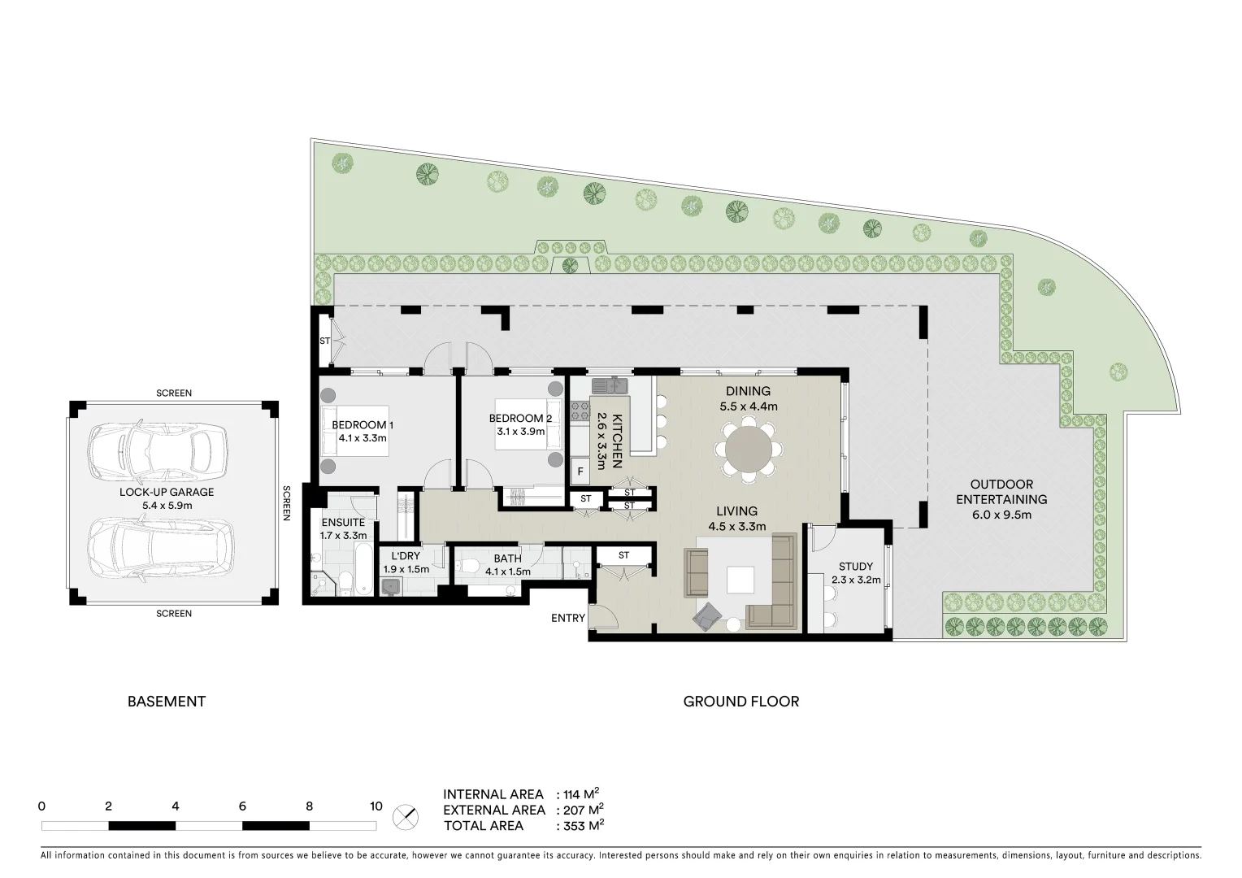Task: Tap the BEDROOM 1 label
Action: coord(363,425)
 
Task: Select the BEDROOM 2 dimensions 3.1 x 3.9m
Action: coord(520,432)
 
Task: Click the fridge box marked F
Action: coord(580,471)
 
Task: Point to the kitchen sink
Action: coord(610,385)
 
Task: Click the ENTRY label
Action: coord(567,618)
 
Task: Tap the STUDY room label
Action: coord(856,567)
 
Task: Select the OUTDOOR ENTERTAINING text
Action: coord(1001,492)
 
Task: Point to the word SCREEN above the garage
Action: coord(174,393)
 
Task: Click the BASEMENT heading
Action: coord(167,702)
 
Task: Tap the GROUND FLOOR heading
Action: coord(740,702)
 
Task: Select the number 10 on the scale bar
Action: coord(376,807)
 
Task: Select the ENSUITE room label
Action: coord(343,523)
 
